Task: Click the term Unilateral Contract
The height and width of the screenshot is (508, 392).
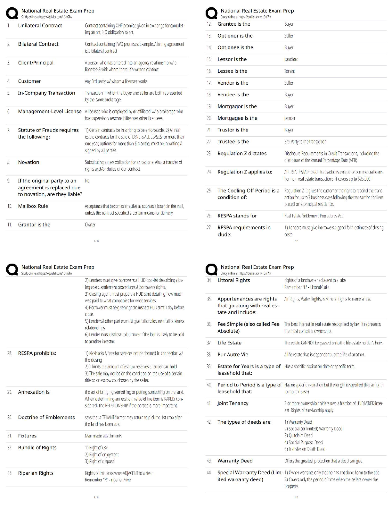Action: pyautogui.click(x=40, y=26)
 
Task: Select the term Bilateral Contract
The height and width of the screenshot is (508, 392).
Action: pyautogui.click(x=38, y=44)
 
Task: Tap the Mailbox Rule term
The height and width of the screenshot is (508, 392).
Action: pyautogui.click(x=33, y=206)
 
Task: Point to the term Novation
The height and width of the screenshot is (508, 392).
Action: pyautogui.click(x=29, y=162)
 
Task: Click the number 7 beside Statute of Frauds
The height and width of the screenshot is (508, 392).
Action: pyautogui.click(x=9, y=130)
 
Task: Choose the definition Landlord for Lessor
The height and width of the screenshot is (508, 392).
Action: pyautogui.click(x=291, y=59)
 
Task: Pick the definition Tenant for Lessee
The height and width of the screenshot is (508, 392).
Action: pyautogui.click(x=290, y=71)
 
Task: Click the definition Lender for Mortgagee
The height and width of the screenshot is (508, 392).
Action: pyautogui.click(x=290, y=118)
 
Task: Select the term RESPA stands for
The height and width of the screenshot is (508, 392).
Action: pyautogui.click(x=237, y=216)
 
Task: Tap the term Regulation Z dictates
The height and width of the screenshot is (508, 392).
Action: pyautogui.click(x=242, y=154)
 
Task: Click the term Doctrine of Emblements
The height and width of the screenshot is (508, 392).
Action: pyautogui.click(x=46, y=418)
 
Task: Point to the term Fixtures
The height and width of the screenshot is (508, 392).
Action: pyautogui.click(x=27, y=436)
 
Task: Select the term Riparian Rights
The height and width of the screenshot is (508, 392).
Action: pyautogui.click(x=36, y=473)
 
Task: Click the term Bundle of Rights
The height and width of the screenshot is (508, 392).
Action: pyautogui.click(x=37, y=448)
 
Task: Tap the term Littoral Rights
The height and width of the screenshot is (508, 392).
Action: pyautogui.click(x=233, y=280)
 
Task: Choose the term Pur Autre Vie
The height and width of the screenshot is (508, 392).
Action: pyautogui.click(x=233, y=355)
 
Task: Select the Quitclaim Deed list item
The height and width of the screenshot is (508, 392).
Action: pyautogui.click(x=298, y=436)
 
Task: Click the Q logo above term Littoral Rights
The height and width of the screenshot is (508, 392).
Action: pyautogui.click(x=211, y=270)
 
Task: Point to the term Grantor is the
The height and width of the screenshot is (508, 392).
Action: pyautogui.click(x=34, y=225)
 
